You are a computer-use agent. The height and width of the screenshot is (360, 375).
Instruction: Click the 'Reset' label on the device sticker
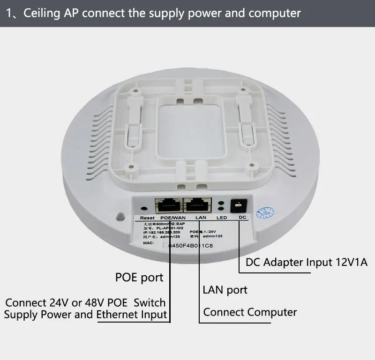coord(147,218)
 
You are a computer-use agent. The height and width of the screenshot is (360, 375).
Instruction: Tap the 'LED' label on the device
coord(221,218)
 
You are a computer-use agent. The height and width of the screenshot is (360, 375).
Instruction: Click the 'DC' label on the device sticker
coord(242,218)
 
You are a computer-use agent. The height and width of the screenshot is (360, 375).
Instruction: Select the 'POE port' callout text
coord(139,278)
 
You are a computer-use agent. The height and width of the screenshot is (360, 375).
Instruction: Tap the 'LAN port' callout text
coord(225,290)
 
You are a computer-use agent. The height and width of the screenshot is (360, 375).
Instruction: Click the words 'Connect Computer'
coord(250,312)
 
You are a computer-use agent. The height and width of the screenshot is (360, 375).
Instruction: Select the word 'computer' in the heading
coord(275,13)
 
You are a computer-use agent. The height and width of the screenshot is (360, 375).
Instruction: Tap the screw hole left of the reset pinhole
coord(121,217)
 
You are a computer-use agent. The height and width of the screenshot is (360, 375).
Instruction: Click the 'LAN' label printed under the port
coord(201,218)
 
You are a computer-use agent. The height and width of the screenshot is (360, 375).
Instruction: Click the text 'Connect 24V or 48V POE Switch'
coord(85,302)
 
